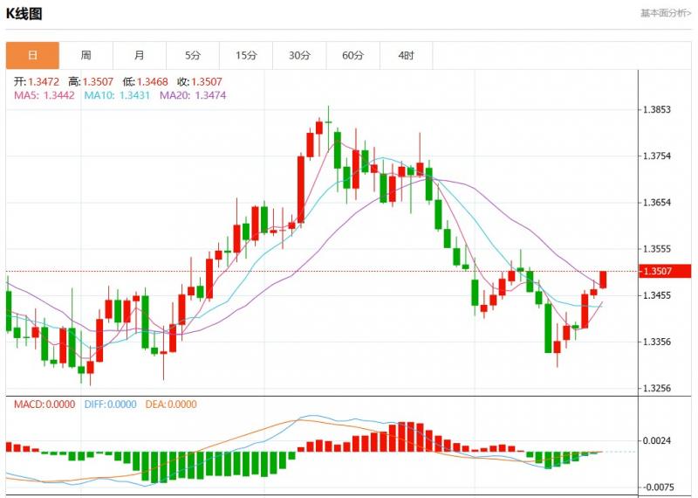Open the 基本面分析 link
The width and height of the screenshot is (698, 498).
point(666,13)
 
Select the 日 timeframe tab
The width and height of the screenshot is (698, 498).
point(32,55)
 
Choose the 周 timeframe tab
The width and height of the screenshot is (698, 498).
point(86,55)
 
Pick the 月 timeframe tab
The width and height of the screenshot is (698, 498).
point(140,55)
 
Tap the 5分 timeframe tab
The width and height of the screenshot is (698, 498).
point(193,55)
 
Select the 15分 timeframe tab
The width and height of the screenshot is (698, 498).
point(246,55)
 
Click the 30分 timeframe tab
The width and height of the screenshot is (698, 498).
point(299,55)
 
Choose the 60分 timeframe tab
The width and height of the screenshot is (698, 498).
point(352,55)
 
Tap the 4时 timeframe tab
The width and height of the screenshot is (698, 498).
point(406,55)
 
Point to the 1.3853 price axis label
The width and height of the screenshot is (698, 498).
point(655,110)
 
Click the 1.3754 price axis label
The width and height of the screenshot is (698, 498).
point(655,156)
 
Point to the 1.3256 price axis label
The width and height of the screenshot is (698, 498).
point(655,388)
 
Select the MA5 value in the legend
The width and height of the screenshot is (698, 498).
point(44,95)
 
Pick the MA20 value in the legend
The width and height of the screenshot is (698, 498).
point(193,95)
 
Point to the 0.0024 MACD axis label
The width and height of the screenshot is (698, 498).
point(655,441)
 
